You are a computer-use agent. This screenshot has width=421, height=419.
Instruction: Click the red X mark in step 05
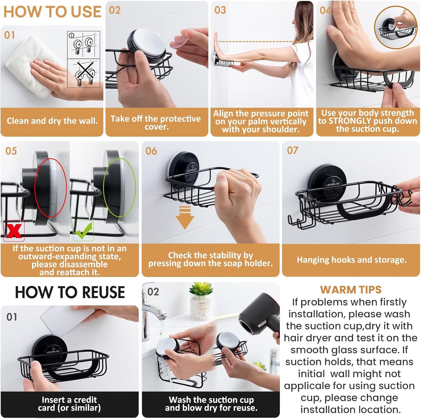pyautogui.click(x=14, y=231)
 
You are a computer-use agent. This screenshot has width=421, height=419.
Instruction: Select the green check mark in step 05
pyautogui.click(x=83, y=230)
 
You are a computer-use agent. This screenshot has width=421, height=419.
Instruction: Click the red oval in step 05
pyautogui.click(x=50, y=188)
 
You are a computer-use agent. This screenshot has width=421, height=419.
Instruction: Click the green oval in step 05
pyautogui.click(x=119, y=188)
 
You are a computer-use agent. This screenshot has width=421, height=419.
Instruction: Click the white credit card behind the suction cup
pyautogui.click(x=67, y=323)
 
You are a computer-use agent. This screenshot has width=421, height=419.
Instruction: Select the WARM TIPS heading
pyautogui.click(x=350, y=290)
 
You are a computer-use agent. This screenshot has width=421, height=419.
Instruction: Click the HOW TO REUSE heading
pyautogui.click(x=70, y=292)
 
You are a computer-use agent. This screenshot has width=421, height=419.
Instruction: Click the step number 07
pyautogui.click(x=293, y=151)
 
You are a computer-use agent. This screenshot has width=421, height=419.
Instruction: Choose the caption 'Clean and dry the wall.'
pyautogui.click(x=52, y=121)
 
